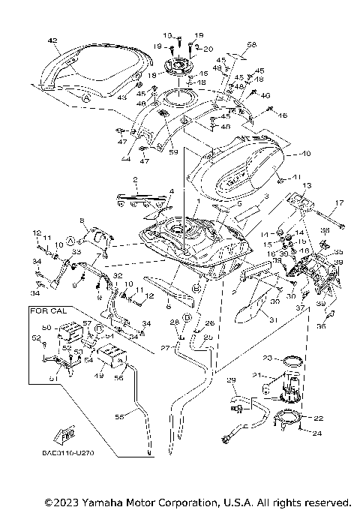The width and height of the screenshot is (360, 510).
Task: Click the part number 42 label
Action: [52, 40]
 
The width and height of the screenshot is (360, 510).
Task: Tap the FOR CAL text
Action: [46, 309]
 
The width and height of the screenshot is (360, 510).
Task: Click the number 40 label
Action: [284, 154]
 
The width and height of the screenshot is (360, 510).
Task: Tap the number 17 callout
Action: [338, 202]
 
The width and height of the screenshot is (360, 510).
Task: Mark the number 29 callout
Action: [231, 380]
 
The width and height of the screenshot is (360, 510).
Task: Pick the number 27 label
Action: [163, 347]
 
